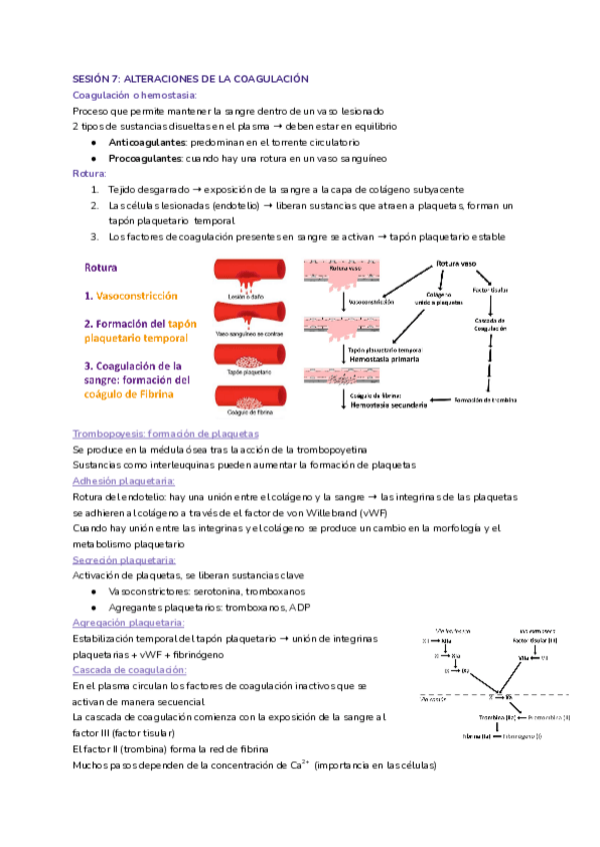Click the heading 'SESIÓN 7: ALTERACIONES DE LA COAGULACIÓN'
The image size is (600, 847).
191,78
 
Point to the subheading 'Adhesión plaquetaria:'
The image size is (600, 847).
131,481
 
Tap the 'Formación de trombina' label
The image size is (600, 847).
517,400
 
